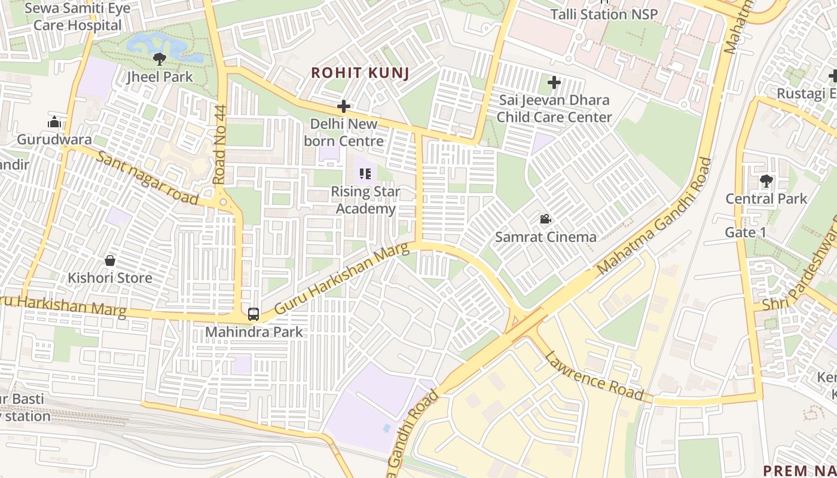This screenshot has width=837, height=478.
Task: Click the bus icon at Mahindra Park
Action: coord(253,314)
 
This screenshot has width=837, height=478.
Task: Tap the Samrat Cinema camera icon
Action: coord(545,219)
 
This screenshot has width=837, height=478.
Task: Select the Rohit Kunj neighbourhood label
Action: coord(360,73)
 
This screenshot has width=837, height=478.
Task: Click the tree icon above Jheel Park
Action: coord(160,59)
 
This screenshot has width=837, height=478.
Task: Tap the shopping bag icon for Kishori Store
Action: coord(110,261)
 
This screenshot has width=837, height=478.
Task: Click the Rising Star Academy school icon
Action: coord(365,174)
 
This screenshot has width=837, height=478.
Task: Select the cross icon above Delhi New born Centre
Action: coord(343,107)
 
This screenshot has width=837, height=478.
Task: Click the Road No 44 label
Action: coord(220,144)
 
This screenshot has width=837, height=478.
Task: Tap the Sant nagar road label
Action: coord(147,178)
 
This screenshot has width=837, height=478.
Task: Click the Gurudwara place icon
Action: coord(54,122)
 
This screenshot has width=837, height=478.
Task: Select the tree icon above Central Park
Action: coord(766,180)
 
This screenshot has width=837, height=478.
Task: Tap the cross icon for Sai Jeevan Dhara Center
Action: coord(554,82)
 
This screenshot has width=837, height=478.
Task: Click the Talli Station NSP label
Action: coord(603,14)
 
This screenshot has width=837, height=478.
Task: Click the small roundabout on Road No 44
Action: coord(223,202)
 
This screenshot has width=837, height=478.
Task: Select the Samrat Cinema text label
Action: coord(545,237)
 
